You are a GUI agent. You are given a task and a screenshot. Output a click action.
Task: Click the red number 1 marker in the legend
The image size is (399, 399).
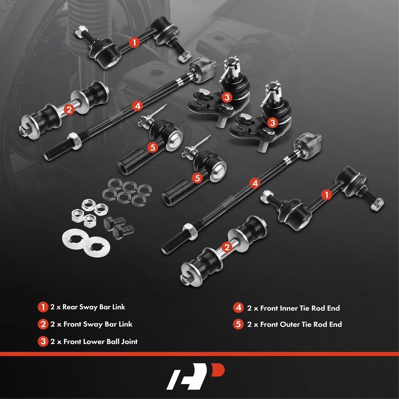pos(43,307)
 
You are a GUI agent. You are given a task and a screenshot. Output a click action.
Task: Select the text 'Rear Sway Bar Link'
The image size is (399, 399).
pos(94,307)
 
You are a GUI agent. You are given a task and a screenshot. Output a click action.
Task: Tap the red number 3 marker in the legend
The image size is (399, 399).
pos(43,342)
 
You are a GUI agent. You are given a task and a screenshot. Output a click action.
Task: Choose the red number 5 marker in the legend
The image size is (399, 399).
pos(238,324)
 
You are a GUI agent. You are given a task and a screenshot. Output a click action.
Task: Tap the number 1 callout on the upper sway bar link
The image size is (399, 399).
pos(134,42)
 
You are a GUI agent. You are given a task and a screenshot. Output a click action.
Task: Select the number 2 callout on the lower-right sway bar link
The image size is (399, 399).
pos(227,247)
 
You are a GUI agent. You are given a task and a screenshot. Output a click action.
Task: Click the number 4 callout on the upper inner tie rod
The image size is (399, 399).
pos(137,106)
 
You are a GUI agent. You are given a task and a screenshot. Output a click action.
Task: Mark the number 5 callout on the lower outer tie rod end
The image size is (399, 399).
pos(197,178)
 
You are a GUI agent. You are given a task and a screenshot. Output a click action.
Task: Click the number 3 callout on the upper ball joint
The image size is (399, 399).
pos(227,97)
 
